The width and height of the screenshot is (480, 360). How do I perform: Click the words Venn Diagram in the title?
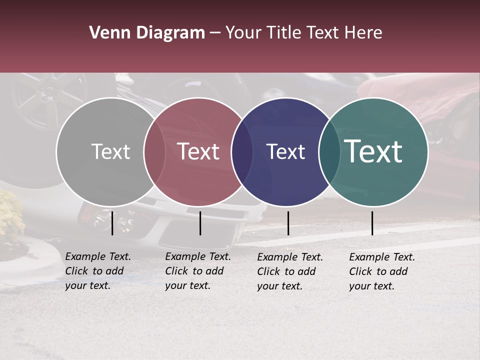tap(147, 33)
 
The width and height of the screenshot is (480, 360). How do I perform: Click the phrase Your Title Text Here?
tap(303, 33)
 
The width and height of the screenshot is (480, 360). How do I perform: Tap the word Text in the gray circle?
tap(110, 151)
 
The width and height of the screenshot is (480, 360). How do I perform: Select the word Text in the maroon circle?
tap(198, 151)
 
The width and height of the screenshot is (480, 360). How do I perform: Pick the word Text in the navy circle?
tap(285, 151)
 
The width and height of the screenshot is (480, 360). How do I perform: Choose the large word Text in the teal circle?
tap(373, 151)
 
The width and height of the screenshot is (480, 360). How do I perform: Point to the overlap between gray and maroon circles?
tap(154, 152)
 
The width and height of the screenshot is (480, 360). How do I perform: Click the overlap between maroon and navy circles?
tap(241, 152)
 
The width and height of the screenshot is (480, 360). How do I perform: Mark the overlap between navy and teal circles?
tap(329, 152)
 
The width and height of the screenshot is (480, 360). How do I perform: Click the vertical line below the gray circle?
tap(112, 223)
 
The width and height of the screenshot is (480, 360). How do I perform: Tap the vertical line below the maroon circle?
tap(200, 223)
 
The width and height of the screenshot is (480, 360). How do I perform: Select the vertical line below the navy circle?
tap(288, 223)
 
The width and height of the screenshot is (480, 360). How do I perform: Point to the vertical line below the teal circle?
tap(372, 223)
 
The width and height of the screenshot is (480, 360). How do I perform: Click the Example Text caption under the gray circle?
tap(98, 271)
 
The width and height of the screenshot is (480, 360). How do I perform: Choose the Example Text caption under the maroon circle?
tap(198, 271)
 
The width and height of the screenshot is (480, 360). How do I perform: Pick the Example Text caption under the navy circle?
tap(290, 271)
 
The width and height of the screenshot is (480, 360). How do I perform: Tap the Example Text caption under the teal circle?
tap(382, 271)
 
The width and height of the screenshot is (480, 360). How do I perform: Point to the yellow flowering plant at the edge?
tap(10, 215)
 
